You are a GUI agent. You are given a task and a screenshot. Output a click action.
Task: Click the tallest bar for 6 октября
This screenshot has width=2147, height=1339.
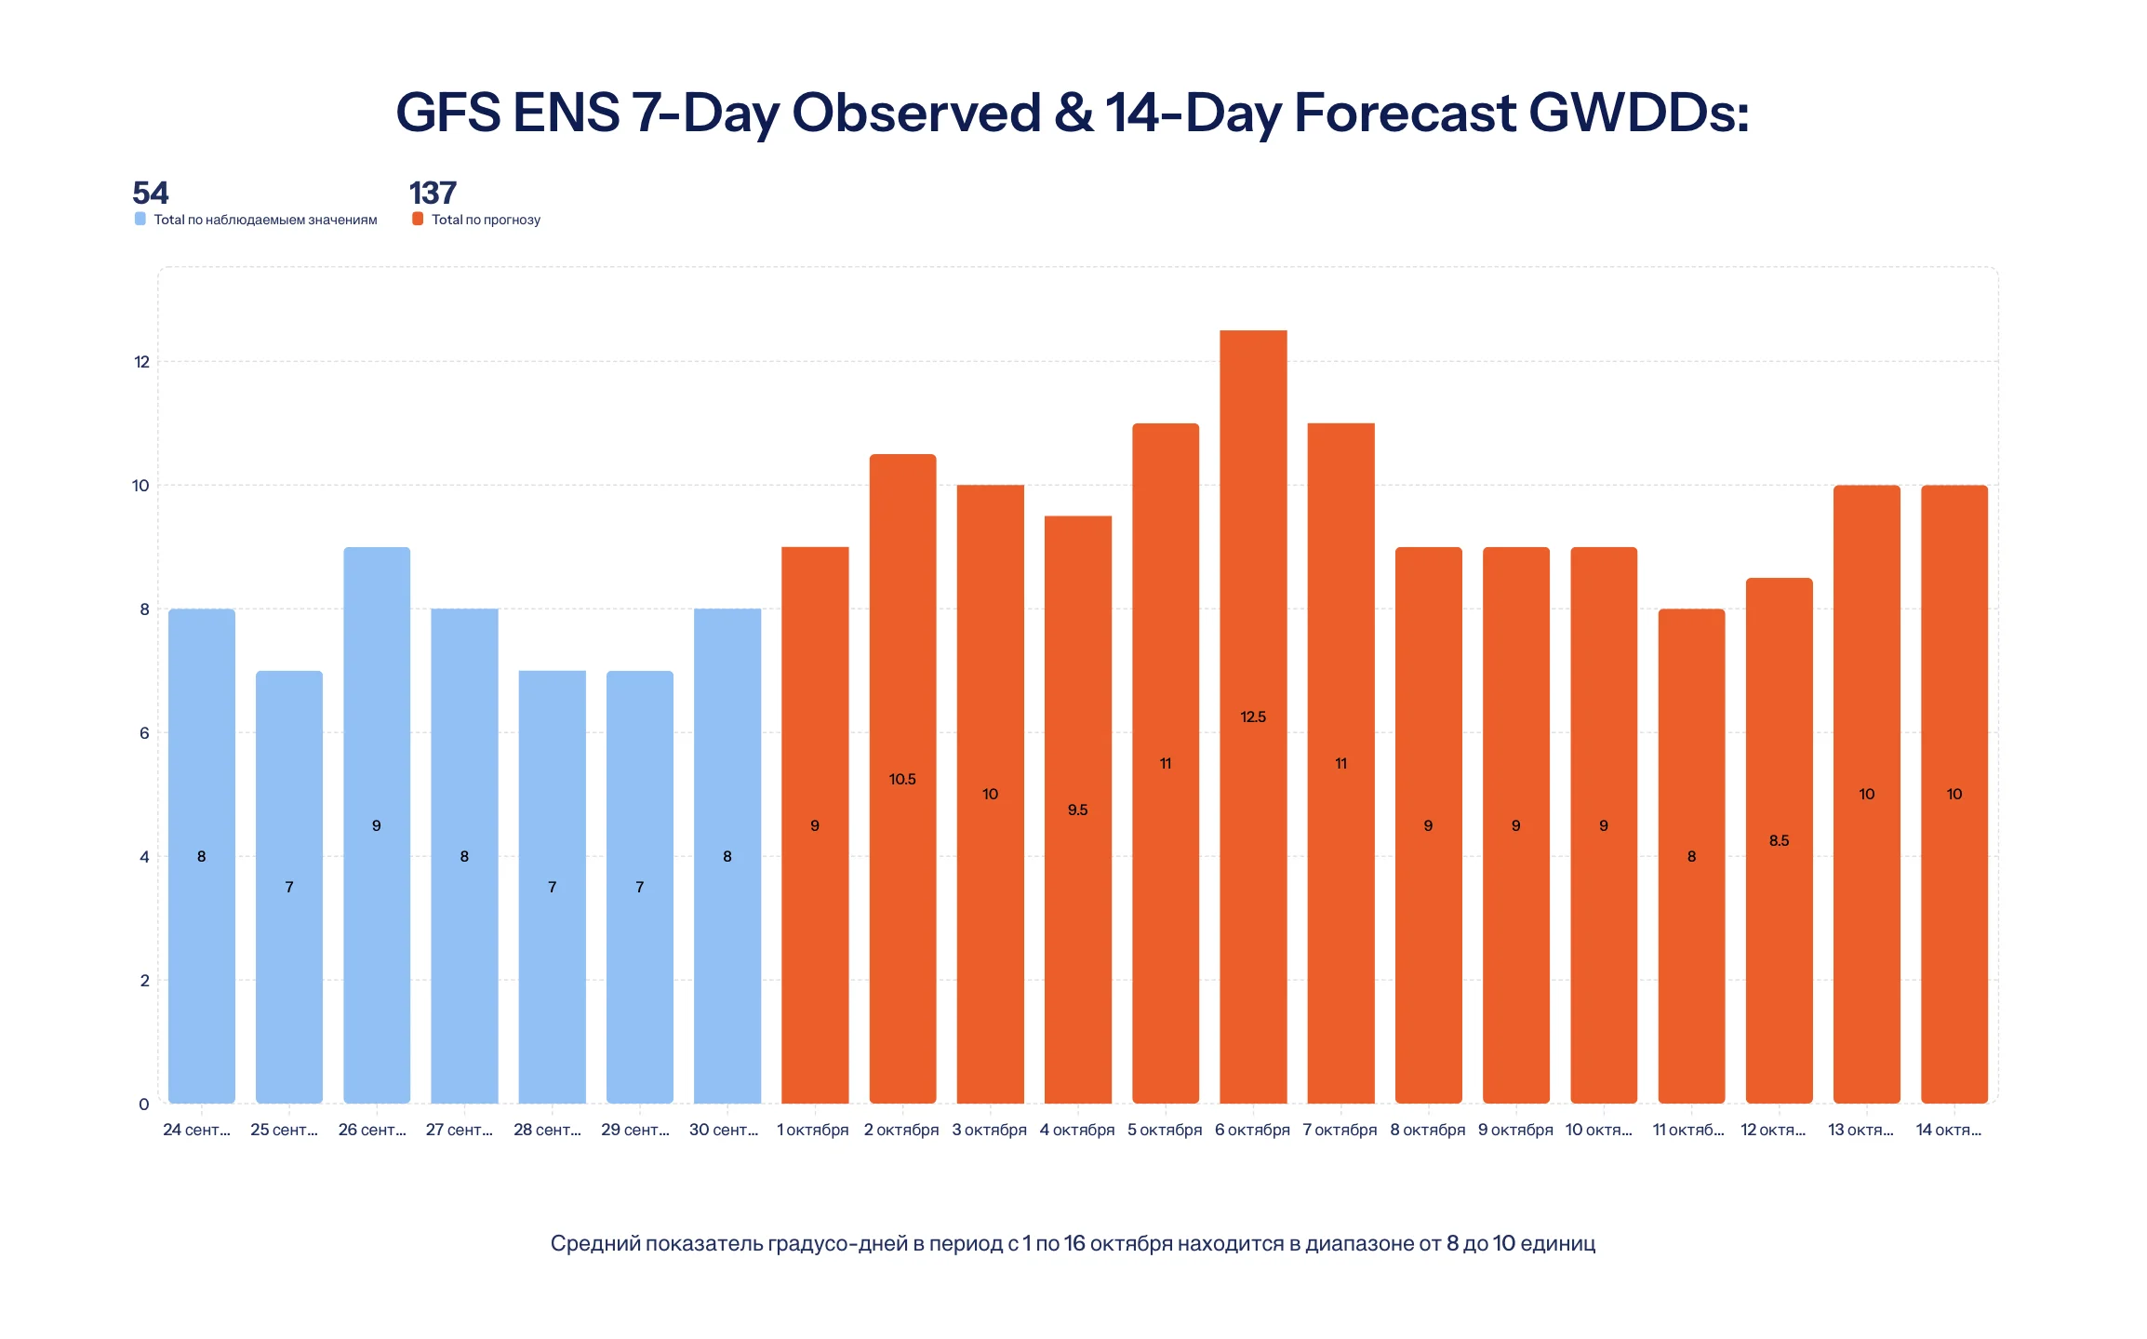click(x=1253, y=716)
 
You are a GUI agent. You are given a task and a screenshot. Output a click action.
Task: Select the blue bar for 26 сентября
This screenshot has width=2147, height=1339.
click(x=377, y=825)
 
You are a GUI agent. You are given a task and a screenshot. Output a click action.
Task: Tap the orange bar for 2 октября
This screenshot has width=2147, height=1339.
click(x=902, y=779)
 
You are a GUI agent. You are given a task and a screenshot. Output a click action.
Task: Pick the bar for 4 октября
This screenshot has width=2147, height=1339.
click(x=1078, y=810)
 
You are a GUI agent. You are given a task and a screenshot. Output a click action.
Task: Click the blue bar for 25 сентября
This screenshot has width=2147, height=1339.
click(x=289, y=887)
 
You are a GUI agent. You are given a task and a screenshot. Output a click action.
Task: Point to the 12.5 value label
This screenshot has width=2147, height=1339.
click(x=1253, y=716)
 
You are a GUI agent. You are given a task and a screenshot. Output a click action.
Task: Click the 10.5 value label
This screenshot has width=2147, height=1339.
click(x=902, y=779)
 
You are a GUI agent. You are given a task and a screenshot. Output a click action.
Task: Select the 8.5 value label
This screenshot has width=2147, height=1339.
click(x=1779, y=840)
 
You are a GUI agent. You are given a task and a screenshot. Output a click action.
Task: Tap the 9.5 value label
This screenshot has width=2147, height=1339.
click(x=1078, y=810)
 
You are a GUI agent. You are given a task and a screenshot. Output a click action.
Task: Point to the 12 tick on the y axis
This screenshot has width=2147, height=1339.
click(x=141, y=361)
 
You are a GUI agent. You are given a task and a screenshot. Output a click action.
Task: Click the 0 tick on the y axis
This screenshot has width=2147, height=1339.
click(x=144, y=1104)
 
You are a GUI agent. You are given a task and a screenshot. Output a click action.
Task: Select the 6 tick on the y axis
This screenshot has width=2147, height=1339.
click(x=144, y=732)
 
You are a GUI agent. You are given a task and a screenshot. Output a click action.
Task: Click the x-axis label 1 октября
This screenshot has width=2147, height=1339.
click(x=813, y=1130)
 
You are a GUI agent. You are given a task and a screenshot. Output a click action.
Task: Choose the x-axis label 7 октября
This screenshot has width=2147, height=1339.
click(x=1340, y=1130)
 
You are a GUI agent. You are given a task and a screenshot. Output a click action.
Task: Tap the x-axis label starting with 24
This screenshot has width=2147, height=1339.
click(x=196, y=1130)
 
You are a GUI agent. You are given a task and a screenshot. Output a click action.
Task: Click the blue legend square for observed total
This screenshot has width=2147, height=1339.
click(x=140, y=219)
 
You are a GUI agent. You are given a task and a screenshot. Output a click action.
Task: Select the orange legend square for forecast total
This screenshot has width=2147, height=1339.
click(x=418, y=219)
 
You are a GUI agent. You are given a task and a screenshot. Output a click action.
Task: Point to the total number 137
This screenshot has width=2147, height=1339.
click(x=433, y=193)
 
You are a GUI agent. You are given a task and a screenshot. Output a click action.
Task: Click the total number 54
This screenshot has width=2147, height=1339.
click(x=151, y=193)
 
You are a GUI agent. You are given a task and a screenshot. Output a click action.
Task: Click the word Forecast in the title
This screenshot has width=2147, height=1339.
click(x=1405, y=113)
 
